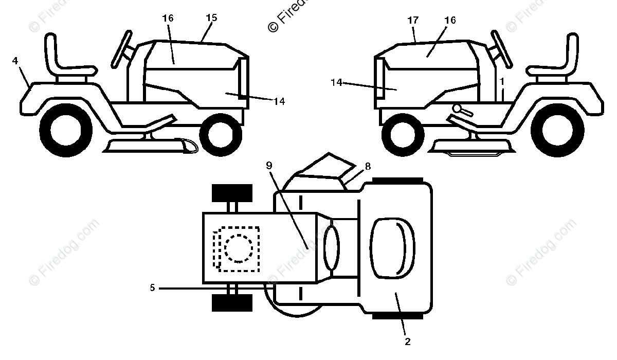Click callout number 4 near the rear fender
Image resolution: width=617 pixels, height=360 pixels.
15,61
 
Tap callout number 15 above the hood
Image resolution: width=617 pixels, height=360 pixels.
211,18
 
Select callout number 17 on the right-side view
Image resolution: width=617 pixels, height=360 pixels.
413,21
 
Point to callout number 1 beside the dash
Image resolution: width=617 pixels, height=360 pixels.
502,81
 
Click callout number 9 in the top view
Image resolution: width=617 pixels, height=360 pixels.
269,165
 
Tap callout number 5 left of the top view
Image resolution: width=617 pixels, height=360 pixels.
152,288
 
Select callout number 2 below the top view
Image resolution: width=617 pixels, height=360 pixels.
407,341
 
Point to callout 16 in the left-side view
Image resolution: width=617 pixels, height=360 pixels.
168,19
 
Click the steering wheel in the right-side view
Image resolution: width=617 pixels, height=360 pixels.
501,49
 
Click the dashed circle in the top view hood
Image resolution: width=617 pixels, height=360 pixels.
239,248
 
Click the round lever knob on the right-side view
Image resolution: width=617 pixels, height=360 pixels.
458,109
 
